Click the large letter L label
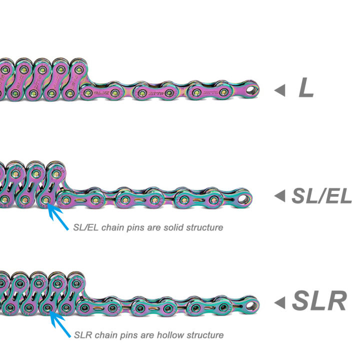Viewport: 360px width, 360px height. [306, 87]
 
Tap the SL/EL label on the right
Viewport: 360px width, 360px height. [321, 196]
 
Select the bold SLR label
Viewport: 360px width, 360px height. [319, 301]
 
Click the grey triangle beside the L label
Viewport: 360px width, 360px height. [280, 90]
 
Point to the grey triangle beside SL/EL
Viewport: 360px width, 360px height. [280, 196]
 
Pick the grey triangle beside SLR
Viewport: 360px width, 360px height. [280, 302]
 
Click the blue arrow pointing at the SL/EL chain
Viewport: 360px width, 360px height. [57, 216]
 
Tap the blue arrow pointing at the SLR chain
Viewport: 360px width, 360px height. [59, 323]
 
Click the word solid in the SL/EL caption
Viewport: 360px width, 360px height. [173, 227]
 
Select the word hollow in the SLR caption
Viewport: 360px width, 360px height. [170, 335]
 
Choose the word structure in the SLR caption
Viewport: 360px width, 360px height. [205, 335]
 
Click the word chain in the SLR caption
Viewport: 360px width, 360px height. [105, 335]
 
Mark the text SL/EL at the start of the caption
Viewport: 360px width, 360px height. [86, 227]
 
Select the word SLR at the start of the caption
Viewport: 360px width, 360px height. [83, 335]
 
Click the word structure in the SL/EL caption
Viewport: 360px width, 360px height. [204, 228]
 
